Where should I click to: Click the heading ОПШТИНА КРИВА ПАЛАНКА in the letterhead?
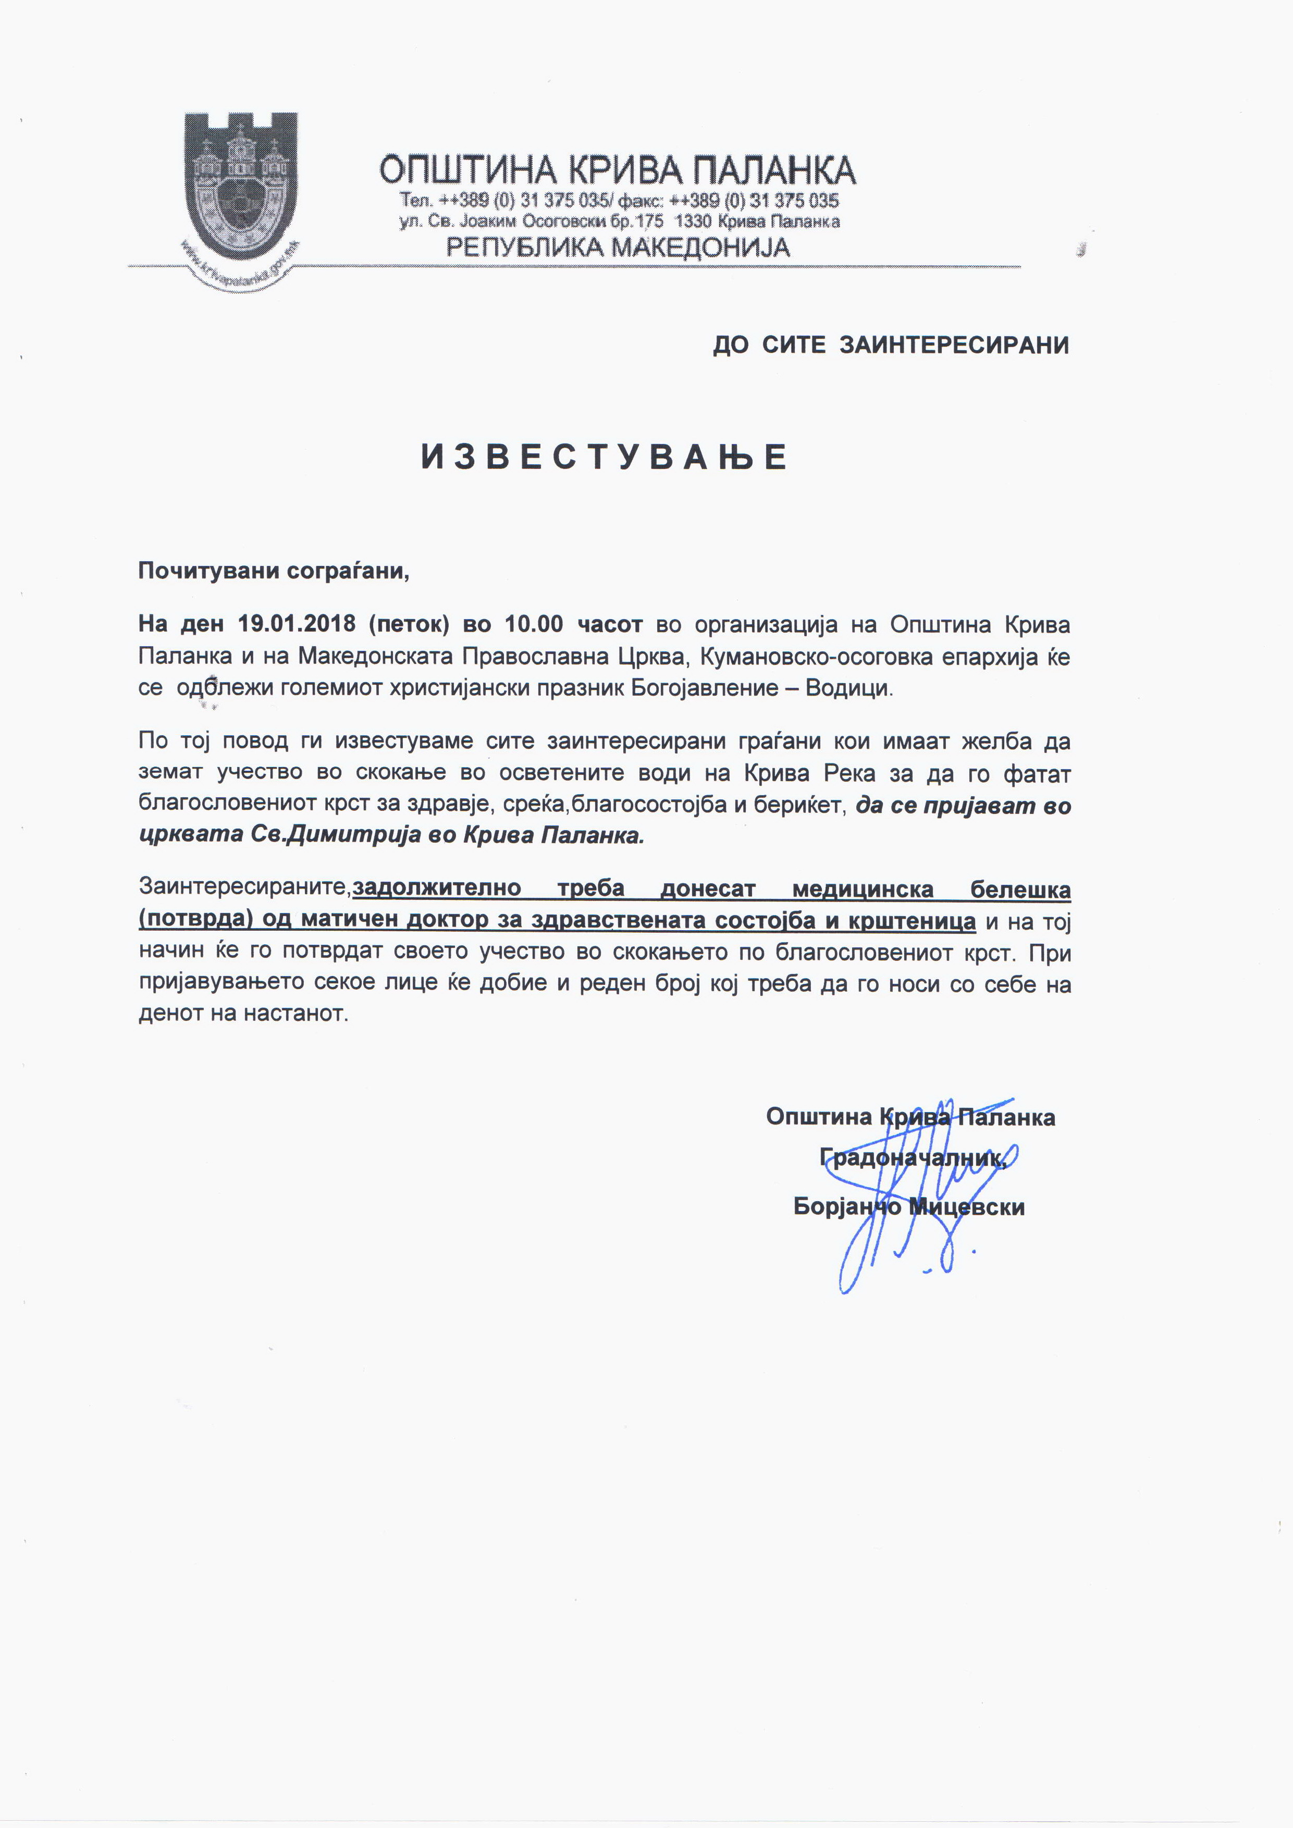click(x=617, y=170)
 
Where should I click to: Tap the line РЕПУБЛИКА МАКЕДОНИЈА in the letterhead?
click(x=617, y=248)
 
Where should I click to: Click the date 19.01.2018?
click(x=296, y=623)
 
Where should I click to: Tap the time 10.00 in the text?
click(x=534, y=623)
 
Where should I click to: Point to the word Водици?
click(x=849, y=688)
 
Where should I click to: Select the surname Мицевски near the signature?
click(x=967, y=1207)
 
